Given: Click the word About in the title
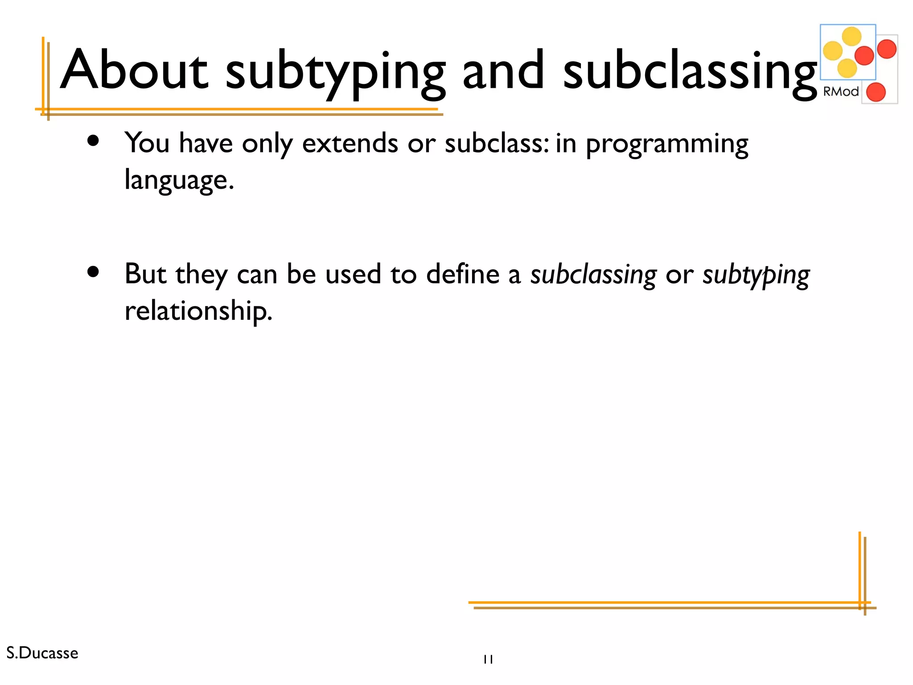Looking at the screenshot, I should click(134, 70).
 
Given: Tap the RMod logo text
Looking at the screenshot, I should click(841, 92).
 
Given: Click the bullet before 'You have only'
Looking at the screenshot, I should click(93, 141).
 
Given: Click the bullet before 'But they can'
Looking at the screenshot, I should click(93, 272).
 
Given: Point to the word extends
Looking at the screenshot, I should click(350, 144).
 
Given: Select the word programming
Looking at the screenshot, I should click(667, 145).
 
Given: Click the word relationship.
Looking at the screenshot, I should click(198, 311).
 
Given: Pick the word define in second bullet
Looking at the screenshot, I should click(462, 274).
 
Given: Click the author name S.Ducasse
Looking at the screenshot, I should click(42, 653).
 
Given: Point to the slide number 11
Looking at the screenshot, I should click(488, 659).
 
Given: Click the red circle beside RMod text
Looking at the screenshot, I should click(876, 92).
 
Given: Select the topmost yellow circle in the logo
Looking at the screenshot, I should click(851, 37).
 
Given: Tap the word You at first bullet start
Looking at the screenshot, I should click(147, 144).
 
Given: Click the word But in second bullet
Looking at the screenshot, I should click(145, 274).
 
